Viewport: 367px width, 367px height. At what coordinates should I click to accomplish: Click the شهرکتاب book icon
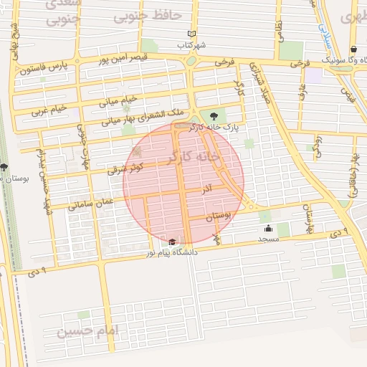(191, 34)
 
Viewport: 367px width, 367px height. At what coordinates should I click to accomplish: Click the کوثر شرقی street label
(125, 169)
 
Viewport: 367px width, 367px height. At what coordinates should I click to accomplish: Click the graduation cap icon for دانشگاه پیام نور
(172, 242)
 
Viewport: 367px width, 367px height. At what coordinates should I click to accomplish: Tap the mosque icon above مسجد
(268, 229)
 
